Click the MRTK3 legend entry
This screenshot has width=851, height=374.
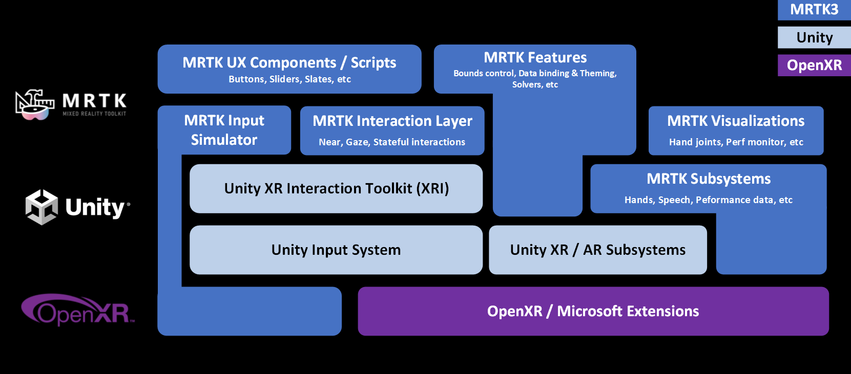pos(814,10)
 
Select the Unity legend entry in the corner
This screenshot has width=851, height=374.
pos(814,37)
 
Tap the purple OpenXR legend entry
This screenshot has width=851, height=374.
pos(814,65)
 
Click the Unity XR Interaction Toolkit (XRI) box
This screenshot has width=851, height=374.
pos(336,188)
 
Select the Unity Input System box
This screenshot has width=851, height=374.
pos(336,250)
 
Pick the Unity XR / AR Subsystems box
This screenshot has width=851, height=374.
pos(598,250)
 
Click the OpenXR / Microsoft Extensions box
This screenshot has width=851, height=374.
pos(593,311)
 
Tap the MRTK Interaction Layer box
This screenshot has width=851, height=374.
pos(392,130)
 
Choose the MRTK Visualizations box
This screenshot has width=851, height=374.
pos(736,130)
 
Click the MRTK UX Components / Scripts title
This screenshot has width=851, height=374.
pos(289,62)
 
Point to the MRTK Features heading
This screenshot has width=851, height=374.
pos(535,57)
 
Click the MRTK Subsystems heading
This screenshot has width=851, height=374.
pos(709,179)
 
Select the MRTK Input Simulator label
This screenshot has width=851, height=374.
pos(224,130)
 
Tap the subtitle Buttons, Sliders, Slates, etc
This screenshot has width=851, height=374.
pos(289,79)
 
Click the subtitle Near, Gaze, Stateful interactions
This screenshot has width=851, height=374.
pos(392,142)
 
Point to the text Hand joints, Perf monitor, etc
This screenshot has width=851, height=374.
pos(736,142)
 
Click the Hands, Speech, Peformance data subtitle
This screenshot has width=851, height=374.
pos(709,200)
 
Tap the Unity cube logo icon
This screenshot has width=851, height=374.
pos(41,207)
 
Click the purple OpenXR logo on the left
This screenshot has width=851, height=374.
pos(77,310)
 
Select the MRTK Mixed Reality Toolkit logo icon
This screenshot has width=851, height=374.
pos(35,104)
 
